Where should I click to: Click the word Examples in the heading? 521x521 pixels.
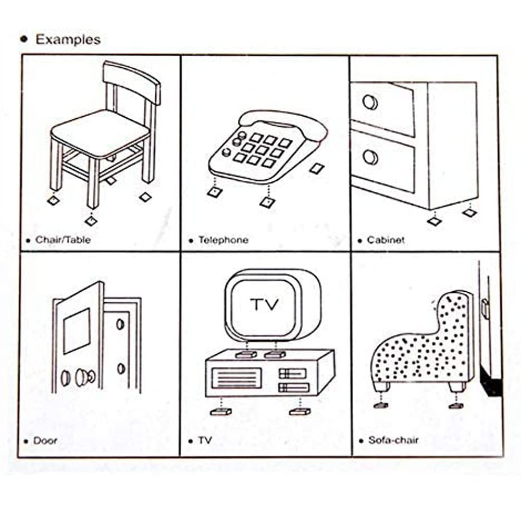pos(68,40)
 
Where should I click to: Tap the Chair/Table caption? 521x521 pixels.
pos(63,240)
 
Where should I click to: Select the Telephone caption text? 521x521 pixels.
pos(224,240)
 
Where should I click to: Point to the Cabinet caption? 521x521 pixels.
pos(386,240)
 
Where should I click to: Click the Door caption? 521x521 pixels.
pos(45,441)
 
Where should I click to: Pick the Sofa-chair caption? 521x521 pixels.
pos(393,440)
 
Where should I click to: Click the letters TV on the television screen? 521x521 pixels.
pos(265,304)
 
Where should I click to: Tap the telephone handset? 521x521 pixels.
pos(283,125)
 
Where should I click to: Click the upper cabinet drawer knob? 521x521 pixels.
pos(370,102)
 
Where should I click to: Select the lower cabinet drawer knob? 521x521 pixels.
pos(370,157)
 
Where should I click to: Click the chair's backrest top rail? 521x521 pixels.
pos(132,81)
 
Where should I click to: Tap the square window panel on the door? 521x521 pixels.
pos(77,331)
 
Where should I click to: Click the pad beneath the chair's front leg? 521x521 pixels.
pos(90,220)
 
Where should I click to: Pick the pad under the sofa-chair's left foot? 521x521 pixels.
pos(381,405)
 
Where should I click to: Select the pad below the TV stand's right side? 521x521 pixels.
pos(300,412)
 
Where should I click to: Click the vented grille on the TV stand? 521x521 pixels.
pos(237,378)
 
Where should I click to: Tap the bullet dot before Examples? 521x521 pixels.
pos(24,39)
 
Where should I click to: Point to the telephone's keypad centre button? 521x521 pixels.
pos(262,150)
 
